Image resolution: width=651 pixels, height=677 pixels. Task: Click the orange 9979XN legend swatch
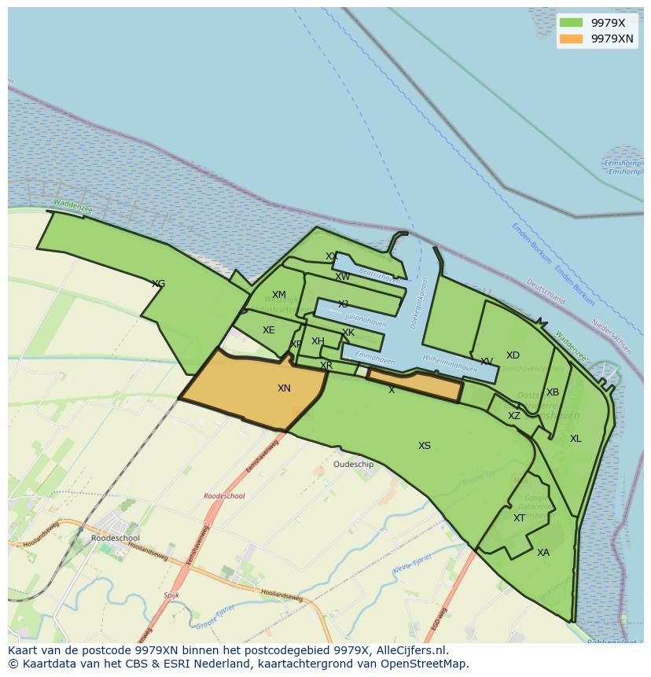click(x=572, y=39)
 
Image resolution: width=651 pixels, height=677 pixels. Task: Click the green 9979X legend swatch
click(x=572, y=23)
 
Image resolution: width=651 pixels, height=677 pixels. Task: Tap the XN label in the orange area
click(x=284, y=388)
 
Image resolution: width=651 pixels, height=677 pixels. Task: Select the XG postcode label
click(x=158, y=284)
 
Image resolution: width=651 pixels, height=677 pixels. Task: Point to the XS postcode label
click(x=425, y=446)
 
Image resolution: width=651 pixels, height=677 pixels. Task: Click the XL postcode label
click(x=576, y=439)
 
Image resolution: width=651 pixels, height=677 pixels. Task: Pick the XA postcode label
click(x=543, y=553)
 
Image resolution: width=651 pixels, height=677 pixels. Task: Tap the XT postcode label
click(x=519, y=518)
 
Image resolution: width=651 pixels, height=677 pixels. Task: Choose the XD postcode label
click(x=513, y=355)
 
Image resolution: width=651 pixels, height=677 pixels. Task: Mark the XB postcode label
click(x=553, y=392)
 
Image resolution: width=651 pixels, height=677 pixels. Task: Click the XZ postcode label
click(x=513, y=416)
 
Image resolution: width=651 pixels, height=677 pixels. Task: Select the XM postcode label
click(x=279, y=296)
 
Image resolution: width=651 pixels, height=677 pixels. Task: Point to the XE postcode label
click(x=269, y=330)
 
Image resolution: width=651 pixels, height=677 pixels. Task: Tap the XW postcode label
click(x=343, y=277)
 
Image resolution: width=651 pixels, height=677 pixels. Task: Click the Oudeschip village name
click(x=354, y=465)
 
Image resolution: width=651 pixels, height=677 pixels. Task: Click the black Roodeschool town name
click(x=116, y=539)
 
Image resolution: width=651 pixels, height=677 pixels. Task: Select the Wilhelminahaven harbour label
click(x=450, y=363)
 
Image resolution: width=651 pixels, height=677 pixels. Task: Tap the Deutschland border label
click(x=546, y=293)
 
